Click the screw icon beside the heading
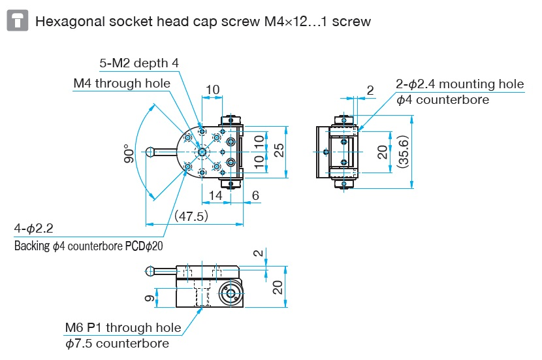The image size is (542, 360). [x=18, y=21]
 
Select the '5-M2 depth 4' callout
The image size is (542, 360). [x=139, y=63]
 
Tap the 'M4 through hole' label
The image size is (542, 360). [x=121, y=83]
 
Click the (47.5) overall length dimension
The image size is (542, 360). [x=191, y=216]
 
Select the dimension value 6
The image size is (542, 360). [x=255, y=195]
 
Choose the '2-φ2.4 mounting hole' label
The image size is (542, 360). [x=460, y=84]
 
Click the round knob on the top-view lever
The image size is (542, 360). [x=151, y=152]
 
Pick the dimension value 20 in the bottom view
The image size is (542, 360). [x=278, y=286]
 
